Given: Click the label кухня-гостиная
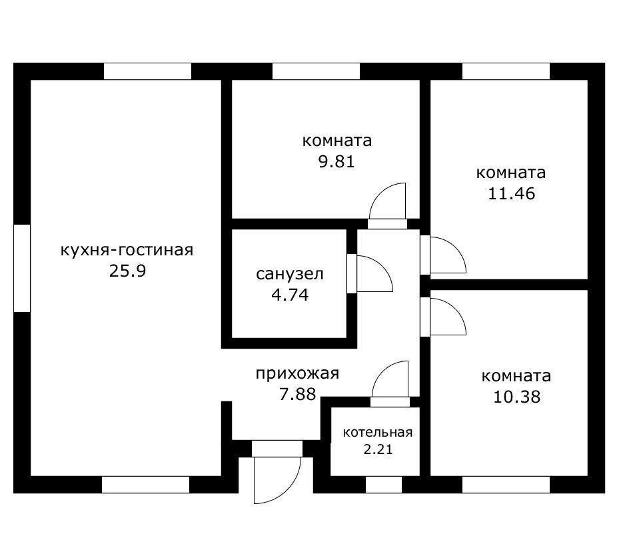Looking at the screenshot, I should point(127,251).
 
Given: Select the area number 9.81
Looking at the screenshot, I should point(336,162).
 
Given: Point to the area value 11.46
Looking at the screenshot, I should point(510,194).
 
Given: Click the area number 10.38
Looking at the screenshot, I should point(516,397).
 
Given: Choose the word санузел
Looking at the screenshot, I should point(290,274).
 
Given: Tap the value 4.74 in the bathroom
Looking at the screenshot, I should point(290,295).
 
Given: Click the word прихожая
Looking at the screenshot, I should point(297,373).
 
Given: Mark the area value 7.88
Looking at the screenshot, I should point(297,395).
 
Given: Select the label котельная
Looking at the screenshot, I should point(377,433).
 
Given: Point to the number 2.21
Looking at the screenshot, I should point(377,449).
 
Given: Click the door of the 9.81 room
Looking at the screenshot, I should point(388,203).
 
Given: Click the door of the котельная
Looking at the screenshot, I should point(390,383).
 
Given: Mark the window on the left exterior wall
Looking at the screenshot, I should point(22,268).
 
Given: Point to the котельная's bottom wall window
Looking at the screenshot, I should point(384,485).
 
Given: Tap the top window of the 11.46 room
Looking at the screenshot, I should point(506,71).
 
